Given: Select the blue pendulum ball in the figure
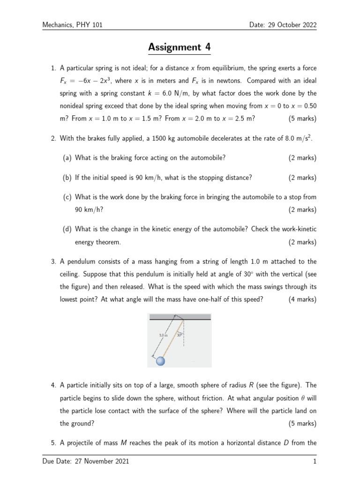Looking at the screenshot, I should (x=161, y=360).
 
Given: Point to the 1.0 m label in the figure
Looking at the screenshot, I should (x=163, y=335).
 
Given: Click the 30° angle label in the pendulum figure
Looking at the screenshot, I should (x=179, y=335).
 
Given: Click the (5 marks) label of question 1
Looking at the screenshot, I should (x=302, y=119).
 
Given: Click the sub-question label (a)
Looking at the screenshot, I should (x=67, y=158).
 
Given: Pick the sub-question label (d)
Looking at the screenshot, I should (x=67, y=229).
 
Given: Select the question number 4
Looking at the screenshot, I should (x=53, y=385).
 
